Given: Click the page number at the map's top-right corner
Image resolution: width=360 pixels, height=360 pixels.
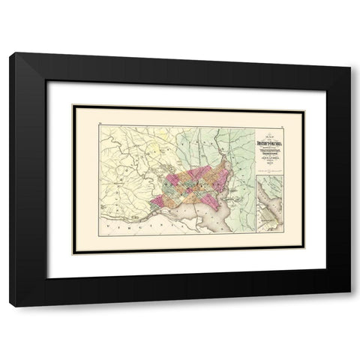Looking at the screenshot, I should tap(279, 108).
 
